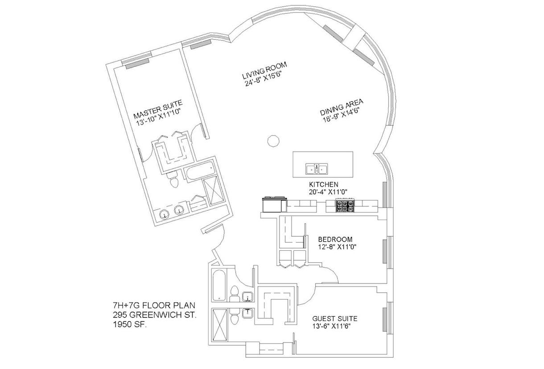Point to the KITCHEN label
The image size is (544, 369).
(324, 184)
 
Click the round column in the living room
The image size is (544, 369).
(273, 141)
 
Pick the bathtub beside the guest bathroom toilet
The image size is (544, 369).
(218, 286)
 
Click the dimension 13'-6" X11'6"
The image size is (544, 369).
(334, 327)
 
